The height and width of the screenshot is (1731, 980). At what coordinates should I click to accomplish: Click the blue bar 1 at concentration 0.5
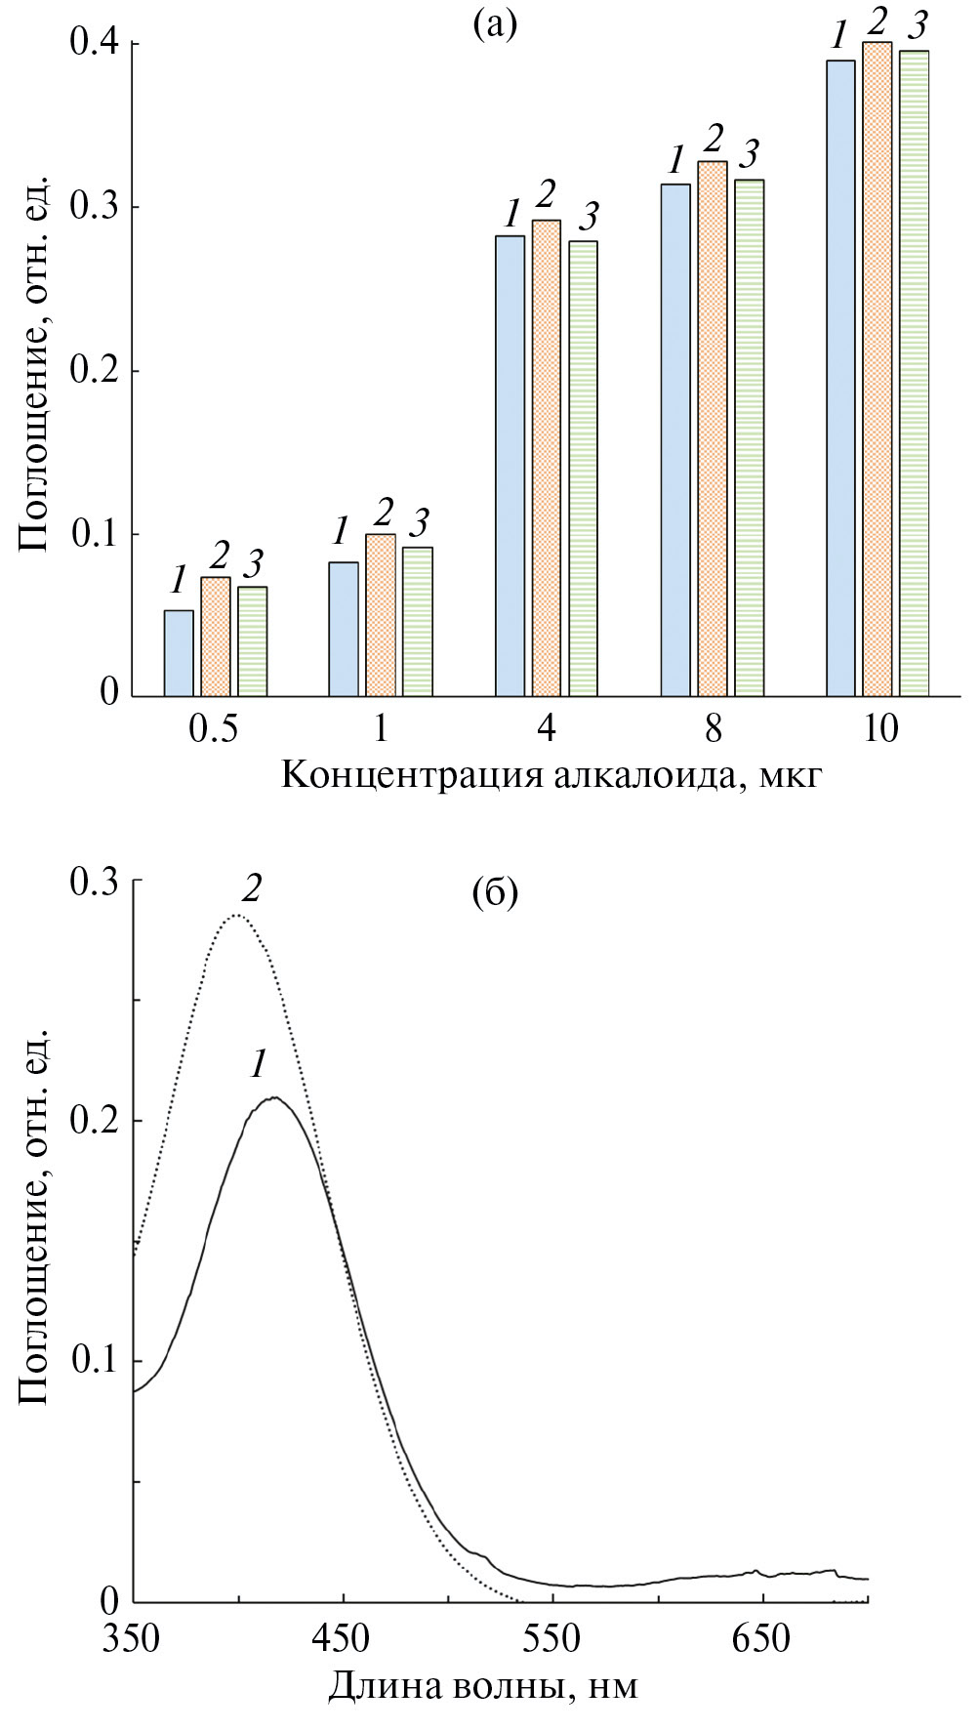coord(179,653)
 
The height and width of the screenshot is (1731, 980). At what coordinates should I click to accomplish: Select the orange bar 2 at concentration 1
coord(381,615)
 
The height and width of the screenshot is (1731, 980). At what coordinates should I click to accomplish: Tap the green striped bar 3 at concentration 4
coord(584,469)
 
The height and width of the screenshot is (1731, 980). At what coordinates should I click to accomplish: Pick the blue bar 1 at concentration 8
coord(675,440)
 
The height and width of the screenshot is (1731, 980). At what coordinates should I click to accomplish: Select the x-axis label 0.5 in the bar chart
coord(214,729)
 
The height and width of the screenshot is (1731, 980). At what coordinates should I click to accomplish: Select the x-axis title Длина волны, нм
coord(483,1685)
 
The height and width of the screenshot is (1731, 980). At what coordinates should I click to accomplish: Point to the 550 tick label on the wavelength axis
coord(552,1639)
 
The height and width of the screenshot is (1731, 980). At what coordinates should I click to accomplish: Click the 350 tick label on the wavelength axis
coord(134,1639)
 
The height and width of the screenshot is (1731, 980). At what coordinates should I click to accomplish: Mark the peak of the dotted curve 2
coord(236,916)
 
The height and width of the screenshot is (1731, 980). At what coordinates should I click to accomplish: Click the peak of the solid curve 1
coord(275,1097)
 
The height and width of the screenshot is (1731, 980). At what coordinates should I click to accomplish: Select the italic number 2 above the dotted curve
coord(253,888)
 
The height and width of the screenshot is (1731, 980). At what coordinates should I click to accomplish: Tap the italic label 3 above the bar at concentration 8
coord(749,154)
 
